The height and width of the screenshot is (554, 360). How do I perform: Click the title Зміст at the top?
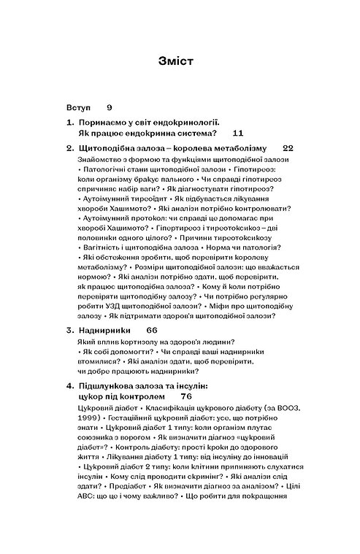(x=179, y=61)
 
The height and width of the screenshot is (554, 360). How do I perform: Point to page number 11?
(x=238, y=134)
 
